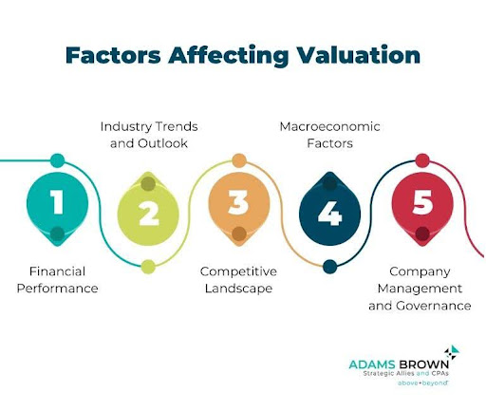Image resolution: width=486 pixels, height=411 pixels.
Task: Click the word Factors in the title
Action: [113, 56]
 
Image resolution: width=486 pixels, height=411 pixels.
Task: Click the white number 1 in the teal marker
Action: [57, 202]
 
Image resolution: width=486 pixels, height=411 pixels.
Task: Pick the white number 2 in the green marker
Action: [149, 214]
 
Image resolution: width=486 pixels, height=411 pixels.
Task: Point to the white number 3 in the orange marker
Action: [238, 202]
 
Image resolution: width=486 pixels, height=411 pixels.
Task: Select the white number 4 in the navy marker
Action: [330, 215]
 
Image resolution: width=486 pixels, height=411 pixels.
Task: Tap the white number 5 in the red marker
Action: [422, 202]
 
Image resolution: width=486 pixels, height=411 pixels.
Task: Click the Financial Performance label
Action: [57, 280]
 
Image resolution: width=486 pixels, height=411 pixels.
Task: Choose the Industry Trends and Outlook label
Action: [149, 135]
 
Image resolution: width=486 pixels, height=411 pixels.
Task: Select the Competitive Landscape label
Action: [238, 280]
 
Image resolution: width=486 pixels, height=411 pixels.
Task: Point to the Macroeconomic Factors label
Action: [329, 135]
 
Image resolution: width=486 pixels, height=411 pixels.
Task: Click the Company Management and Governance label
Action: [420, 289]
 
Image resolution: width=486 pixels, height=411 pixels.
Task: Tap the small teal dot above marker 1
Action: [57, 160]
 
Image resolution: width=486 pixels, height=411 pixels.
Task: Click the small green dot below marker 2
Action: [148, 267]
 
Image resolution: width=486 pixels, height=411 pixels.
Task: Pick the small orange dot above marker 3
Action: [239, 160]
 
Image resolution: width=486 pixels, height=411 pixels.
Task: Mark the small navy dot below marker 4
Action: [330, 267]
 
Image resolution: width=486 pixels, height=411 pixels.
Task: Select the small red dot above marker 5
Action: [422, 160]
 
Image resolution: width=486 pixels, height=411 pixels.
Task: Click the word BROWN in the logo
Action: [424, 364]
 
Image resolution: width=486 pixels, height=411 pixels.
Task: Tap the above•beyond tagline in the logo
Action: [422, 383]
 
